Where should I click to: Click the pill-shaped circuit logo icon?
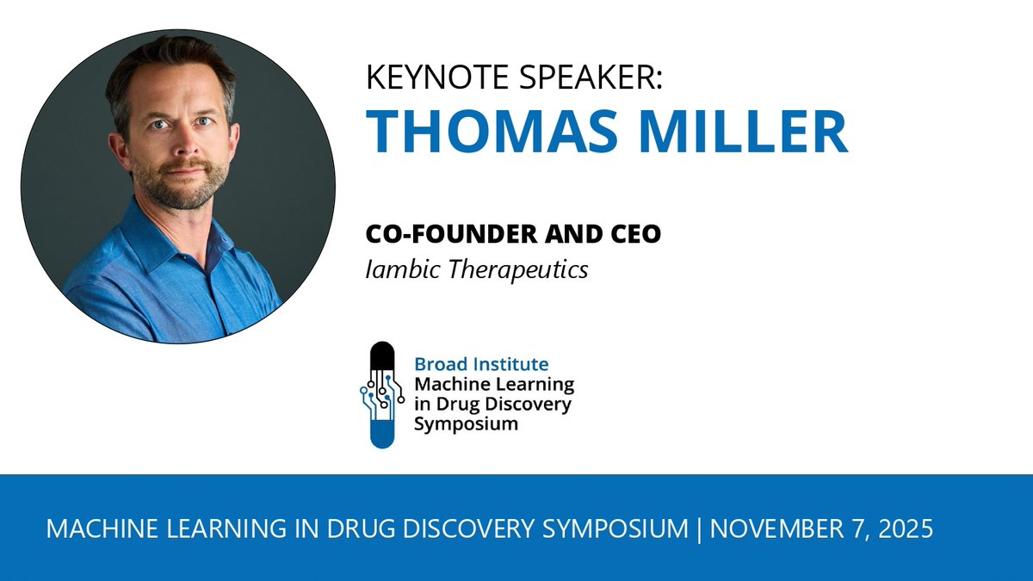(381, 394)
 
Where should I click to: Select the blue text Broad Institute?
(481, 365)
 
